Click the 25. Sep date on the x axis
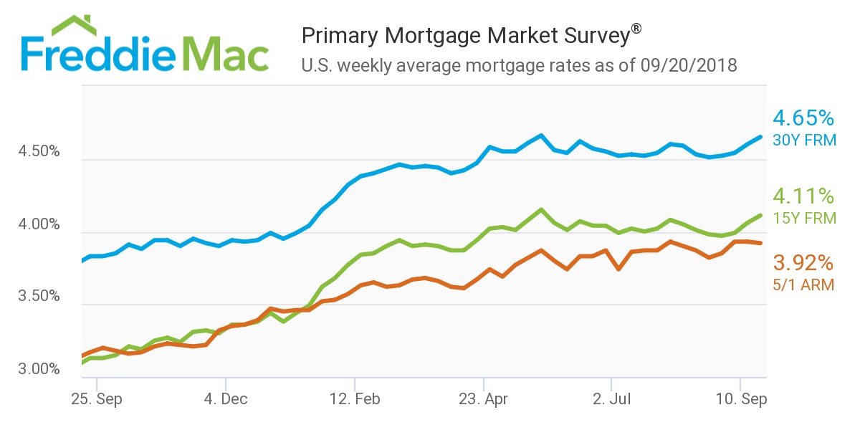96,399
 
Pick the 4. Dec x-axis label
226,399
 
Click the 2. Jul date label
611,399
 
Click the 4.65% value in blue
803,118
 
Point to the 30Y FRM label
804,140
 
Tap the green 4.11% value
803,196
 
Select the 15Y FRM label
804,218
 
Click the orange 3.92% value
803,262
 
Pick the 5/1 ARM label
803,285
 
